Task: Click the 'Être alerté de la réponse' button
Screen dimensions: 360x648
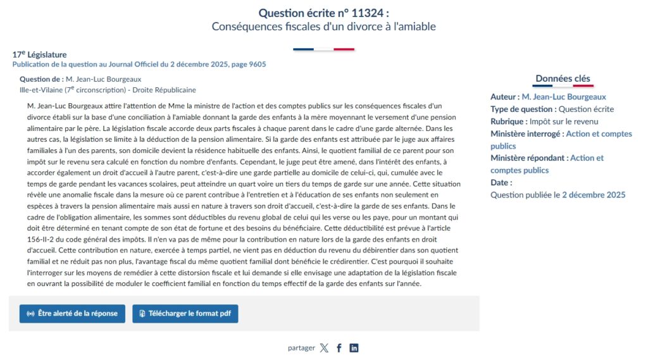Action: click(72, 313)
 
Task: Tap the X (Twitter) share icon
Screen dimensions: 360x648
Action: click(324, 348)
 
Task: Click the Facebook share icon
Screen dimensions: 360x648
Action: click(339, 348)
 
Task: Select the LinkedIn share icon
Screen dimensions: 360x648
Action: click(354, 348)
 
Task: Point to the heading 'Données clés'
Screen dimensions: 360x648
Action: click(563, 78)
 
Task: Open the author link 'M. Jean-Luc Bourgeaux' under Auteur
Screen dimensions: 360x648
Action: click(563, 97)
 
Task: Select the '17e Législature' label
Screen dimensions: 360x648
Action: click(39, 54)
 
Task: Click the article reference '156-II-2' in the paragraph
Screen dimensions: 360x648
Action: click(44, 239)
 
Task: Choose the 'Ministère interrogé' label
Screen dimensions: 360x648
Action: click(526, 133)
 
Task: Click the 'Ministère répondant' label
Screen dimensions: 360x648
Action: click(528, 158)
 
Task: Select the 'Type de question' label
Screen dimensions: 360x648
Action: click(522, 109)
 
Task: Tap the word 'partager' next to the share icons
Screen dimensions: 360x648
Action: click(301, 348)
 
